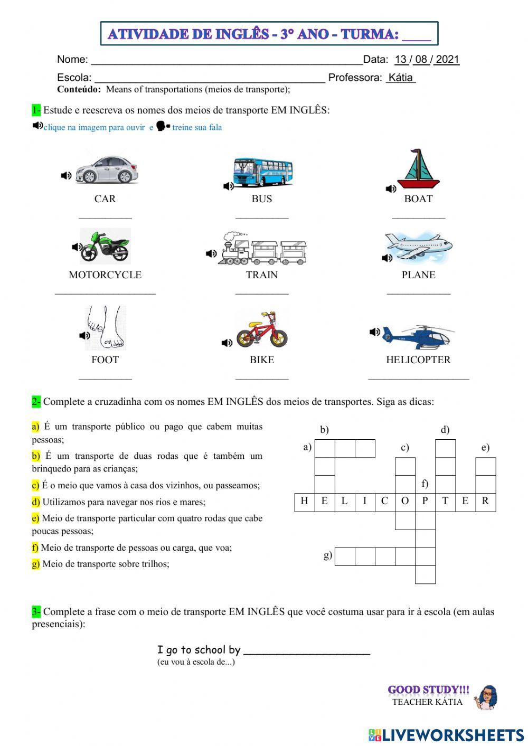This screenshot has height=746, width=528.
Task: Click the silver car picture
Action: pyautogui.click(x=107, y=169)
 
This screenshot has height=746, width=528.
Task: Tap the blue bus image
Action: pyautogui.click(x=263, y=172)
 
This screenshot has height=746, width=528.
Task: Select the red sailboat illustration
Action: pyautogui.click(x=418, y=169)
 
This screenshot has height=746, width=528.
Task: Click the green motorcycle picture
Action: pyautogui.click(x=105, y=246)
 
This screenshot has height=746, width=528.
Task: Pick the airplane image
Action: pyautogui.click(x=418, y=246)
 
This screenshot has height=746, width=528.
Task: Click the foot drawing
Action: pyautogui.click(x=105, y=327)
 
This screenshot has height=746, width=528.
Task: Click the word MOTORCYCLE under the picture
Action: pyautogui.click(x=105, y=275)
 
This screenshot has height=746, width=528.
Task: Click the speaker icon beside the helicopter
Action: pyautogui.click(x=375, y=332)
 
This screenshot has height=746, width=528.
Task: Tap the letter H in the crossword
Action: pyautogui.click(x=304, y=502)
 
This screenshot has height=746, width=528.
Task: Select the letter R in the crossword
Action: pyautogui.click(x=485, y=502)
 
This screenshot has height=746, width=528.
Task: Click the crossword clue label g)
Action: pyautogui.click(x=328, y=555)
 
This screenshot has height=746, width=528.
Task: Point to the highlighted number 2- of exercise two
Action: pyautogui.click(x=36, y=402)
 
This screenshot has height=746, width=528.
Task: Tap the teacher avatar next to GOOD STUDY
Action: pyautogui.click(x=486, y=697)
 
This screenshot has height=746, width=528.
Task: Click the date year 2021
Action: pyautogui.click(x=447, y=59)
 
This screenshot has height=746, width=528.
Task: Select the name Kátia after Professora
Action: pyautogui.click(x=400, y=78)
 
